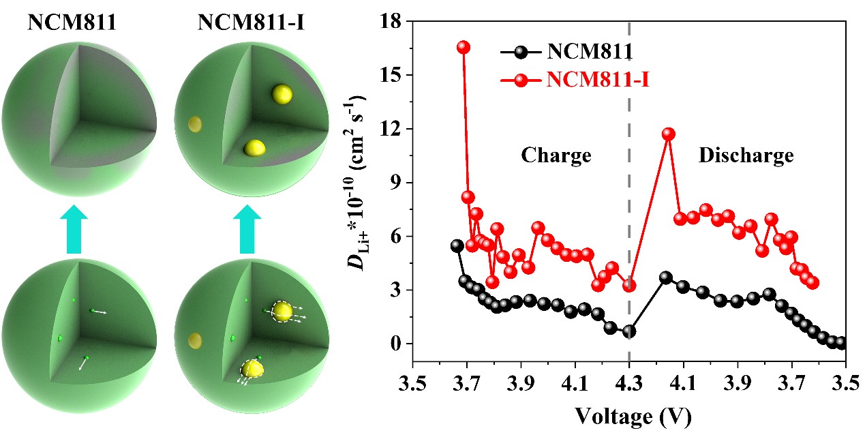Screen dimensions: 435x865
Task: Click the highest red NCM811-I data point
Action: (464, 47)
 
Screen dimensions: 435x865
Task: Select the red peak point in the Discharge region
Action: (668, 134)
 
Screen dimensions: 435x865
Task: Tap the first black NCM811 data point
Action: (457, 245)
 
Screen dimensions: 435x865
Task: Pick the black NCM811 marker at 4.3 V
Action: (629, 331)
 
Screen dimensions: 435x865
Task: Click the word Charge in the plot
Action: (556, 155)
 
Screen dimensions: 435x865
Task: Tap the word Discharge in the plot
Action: (746, 155)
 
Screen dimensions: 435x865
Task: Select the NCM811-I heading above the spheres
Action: (241, 22)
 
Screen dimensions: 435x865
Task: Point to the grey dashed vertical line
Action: (628, 205)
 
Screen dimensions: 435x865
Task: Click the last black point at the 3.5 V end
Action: (842, 343)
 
